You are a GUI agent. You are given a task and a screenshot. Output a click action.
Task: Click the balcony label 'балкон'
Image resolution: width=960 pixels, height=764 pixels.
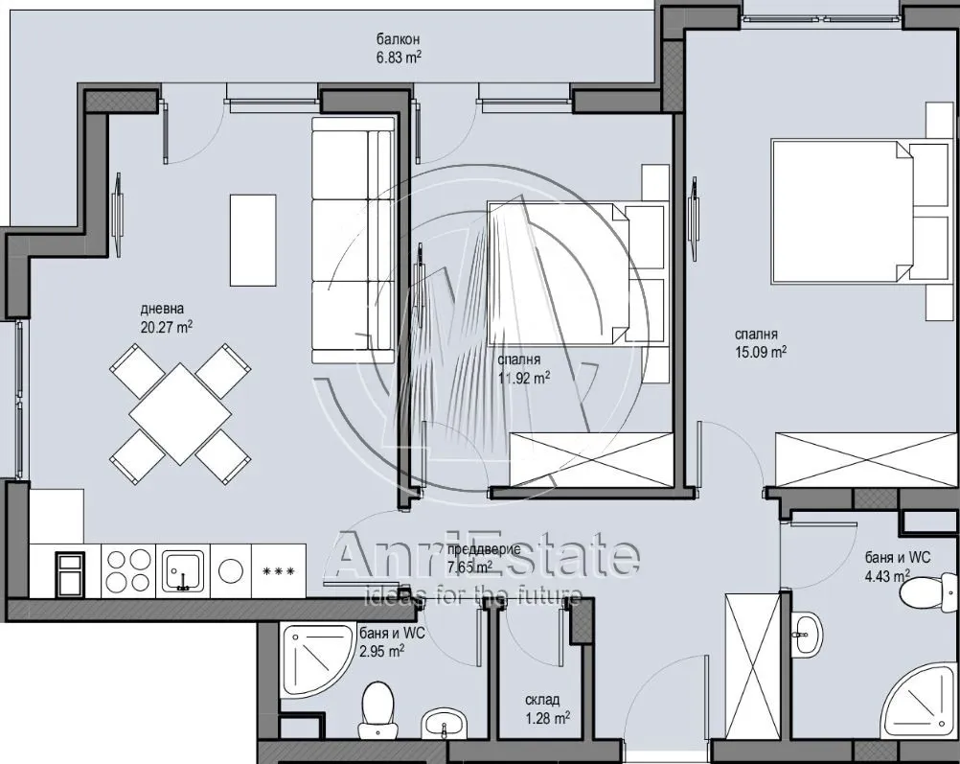coord(398,40)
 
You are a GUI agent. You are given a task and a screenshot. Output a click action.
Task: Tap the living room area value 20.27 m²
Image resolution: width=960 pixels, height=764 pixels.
coord(167,327)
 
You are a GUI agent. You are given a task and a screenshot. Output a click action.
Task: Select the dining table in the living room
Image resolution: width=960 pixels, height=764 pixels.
coord(180,413)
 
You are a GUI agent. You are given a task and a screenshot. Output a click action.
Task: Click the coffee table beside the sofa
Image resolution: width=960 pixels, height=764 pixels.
coord(253,240)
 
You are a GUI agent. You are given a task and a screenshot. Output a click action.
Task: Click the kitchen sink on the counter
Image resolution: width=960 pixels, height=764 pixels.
coord(182,570)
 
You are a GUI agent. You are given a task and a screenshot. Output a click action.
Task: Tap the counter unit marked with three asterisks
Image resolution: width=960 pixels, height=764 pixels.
coord(279,571)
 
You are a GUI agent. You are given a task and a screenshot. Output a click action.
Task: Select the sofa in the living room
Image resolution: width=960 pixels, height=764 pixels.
coord(353,241)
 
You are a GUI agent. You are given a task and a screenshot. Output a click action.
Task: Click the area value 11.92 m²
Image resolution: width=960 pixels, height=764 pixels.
coord(523,378)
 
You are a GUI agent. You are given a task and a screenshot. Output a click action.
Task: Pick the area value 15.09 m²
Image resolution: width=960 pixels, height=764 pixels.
coord(761,352)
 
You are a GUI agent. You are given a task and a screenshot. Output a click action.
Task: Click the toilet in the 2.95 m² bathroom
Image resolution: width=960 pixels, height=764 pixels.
coord(377,710)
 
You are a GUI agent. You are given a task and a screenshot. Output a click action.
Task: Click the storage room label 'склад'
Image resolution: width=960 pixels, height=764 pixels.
coord(542,700)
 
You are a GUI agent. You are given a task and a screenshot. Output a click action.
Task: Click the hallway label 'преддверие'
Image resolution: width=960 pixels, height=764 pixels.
coord(484,549)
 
